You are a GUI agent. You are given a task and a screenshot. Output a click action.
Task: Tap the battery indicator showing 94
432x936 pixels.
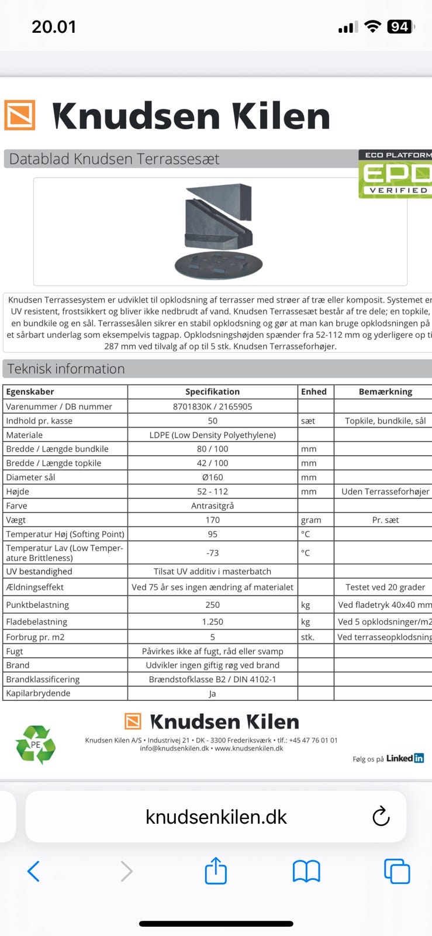tap(400, 27)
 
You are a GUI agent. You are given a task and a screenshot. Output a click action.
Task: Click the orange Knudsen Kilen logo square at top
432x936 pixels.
tap(20, 115)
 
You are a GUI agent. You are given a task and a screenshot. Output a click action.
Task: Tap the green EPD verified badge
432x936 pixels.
tap(395, 174)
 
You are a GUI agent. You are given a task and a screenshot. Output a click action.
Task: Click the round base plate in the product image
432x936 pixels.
tap(219, 266)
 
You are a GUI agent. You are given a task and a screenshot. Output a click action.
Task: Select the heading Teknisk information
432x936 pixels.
tap(66, 369)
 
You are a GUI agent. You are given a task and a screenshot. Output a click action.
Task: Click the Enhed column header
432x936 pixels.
tap(314, 392)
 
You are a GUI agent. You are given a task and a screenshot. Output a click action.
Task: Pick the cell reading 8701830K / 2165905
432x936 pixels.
tap(212, 407)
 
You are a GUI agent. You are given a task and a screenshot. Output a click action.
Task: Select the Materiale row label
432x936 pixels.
tap(25, 435)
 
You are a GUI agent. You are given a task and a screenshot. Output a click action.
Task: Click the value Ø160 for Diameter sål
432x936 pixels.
tap(212, 477)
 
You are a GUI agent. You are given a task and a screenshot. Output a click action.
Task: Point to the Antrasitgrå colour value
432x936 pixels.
tap(212, 506)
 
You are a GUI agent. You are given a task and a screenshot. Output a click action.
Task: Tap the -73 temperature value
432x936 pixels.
tap(212, 553)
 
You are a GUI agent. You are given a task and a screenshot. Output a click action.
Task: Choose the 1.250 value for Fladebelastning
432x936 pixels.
tap(212, 622)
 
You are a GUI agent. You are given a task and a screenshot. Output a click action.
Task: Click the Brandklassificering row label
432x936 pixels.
tap(43, 680)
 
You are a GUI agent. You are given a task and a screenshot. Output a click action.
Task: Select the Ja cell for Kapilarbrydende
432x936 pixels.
tap(212, 694)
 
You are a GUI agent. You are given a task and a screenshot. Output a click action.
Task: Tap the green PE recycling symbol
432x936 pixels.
tap(36, 745)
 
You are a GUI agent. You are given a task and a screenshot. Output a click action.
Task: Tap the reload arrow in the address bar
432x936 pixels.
tap(381, 816)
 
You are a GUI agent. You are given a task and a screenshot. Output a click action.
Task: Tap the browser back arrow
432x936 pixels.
tap(33, 871)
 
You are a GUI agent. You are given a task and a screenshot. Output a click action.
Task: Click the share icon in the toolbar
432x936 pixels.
tap(216, 870)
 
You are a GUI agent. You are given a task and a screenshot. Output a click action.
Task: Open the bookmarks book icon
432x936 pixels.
tap(306, 871)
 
